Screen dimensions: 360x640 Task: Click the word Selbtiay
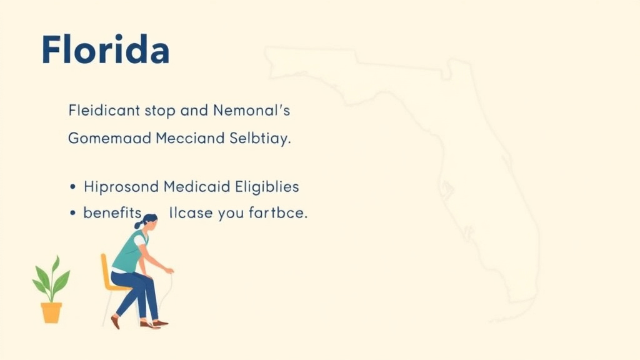point(259,138)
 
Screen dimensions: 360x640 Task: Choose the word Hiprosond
point(121,186)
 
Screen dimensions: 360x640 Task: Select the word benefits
point(112,212)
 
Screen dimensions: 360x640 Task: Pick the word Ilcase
point(191,213)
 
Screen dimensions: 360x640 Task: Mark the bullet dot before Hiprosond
point(73,187)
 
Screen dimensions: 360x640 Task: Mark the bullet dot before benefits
point(73,214)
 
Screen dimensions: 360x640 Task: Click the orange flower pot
point(51,312)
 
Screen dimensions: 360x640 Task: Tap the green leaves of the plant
point(51,279)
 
